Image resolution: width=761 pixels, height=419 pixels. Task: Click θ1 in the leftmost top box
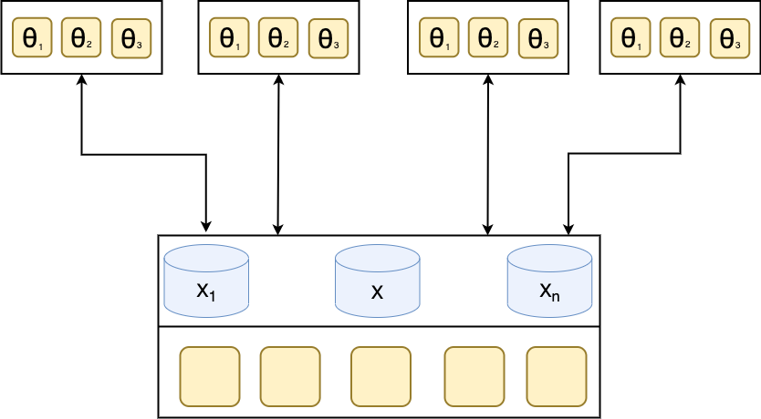coord(32,37)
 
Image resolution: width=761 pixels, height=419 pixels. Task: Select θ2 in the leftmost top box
coord(81,37)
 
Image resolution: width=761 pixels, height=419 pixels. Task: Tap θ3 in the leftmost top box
coord(131,38)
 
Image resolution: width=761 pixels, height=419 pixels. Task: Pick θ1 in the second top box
coord(229,37)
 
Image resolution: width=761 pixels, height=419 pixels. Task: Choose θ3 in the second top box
coord(328,38)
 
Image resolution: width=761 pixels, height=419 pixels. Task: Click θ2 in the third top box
coord(488,37)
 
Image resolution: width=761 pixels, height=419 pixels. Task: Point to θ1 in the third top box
coord(439,37)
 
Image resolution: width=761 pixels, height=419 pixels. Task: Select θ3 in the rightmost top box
coord(730,38)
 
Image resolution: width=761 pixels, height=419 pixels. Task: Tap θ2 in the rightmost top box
coord(680,37)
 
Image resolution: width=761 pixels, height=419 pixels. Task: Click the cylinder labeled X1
coord(207,281)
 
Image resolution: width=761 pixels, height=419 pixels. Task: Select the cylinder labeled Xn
coord(550,281)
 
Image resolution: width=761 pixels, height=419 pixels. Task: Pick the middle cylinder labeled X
coord(378,281)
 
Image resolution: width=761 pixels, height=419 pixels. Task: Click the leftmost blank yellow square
coord(210,376)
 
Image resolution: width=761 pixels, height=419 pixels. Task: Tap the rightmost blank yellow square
coord(557,376)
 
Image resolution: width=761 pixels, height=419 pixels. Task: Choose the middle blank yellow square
coord(381,376)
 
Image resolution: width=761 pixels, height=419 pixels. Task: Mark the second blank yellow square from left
coord(290,376)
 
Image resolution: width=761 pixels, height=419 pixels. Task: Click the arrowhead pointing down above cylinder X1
coord(206,227)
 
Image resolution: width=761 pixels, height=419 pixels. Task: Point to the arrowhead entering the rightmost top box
coord(681,80)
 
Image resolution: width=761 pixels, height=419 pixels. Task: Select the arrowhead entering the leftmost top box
coord(82,80)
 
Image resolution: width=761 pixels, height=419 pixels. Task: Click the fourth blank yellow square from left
coord(474,376)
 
